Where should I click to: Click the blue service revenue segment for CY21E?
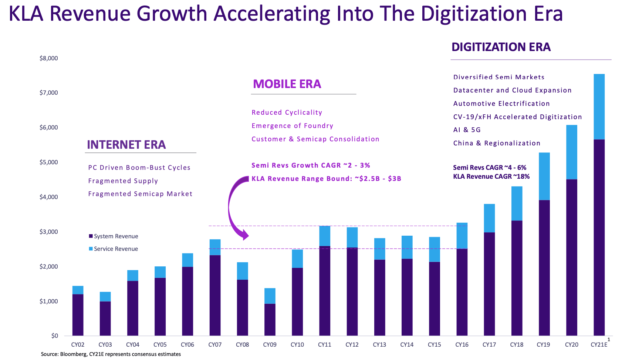[x=599, y=107]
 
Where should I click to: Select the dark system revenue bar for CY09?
[x=270, y=319]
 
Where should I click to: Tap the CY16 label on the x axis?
[x=462, y=344]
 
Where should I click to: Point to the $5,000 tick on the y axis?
[x=49, y=162]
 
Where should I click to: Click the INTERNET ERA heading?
[x=126, y=144]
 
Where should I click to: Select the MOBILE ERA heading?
[x=287, y=84]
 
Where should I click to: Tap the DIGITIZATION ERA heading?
[x=501, y=47]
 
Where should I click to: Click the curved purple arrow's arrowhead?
[x=244, y=235]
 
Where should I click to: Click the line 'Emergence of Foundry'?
[x=292, y=126]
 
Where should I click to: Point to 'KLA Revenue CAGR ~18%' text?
[x=491, y=176]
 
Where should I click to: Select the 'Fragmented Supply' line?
[x=123, y=181]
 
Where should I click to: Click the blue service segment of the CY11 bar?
[x=325, y=236]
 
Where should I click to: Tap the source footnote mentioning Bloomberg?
[x=111, y=354]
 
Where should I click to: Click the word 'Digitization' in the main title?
[x=473, y=13]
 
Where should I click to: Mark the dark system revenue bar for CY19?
[x=544, y=268]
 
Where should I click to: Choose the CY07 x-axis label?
[x=214, y=344]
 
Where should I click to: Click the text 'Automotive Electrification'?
[x=501, y=104]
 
